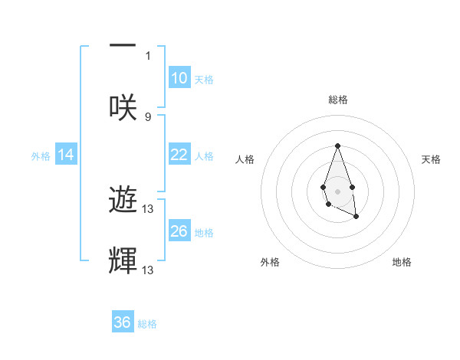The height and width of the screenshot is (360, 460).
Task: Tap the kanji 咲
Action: coord(123,106)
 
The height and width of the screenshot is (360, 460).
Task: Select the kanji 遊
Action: coord(123,200)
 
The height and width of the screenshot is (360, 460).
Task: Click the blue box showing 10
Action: coord(179,78)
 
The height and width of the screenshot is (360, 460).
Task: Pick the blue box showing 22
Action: coord(179,155)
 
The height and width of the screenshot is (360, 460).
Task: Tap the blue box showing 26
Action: coord(179,231)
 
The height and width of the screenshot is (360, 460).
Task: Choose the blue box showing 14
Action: coord(65,155)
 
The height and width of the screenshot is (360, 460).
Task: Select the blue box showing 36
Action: coord(123,322)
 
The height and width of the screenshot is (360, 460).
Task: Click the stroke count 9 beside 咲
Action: coord(148,116)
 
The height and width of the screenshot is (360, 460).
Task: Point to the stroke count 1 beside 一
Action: coord(148,55)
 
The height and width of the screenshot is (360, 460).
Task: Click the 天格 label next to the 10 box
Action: coord(204,80)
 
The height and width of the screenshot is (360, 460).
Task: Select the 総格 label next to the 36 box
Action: coord(147,324)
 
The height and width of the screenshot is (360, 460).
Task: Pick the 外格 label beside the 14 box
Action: coord(41,156)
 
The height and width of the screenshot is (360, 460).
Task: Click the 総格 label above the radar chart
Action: coord(337,100)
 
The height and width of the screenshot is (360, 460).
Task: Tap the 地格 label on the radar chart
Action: coord(402,262)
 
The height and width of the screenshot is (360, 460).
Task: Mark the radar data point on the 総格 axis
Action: coord(337,146)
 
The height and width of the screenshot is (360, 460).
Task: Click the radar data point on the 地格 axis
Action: coord(356,217)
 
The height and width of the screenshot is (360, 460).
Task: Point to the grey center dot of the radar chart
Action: coord(337,191)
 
